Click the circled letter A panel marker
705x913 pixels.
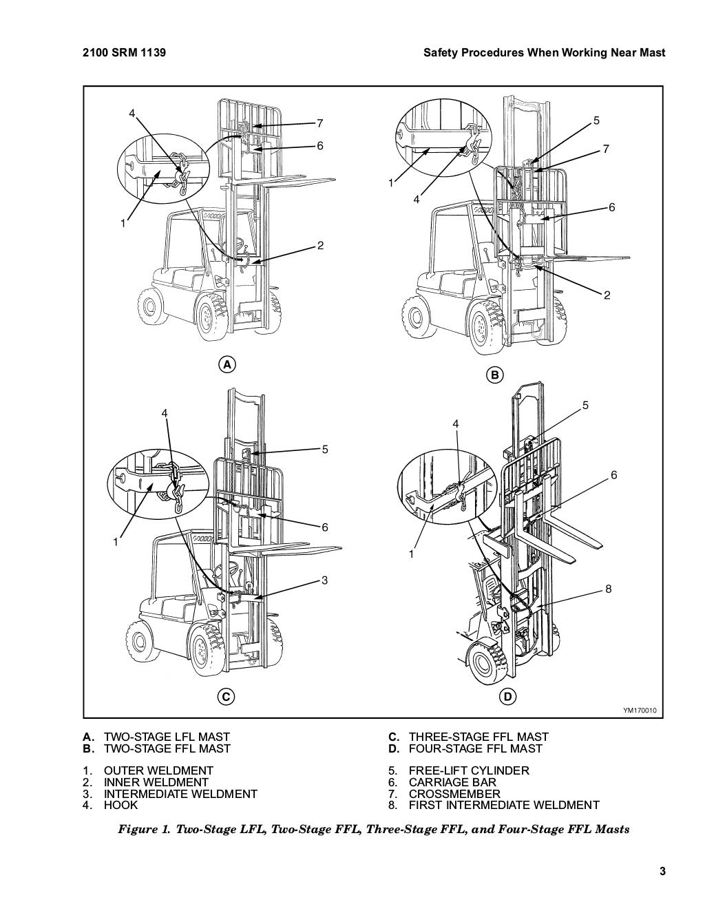(x=225, y=364)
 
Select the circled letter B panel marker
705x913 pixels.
(x=495, y=375)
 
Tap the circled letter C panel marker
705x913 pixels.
(x=225, y=677)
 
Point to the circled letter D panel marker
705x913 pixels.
(x=507, y=678)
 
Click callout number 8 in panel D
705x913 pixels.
(x=609, y=589)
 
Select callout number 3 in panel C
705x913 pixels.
(x=324, y=580)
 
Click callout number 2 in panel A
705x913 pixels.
(x=320, y=246)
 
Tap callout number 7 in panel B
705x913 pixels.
(x=607, y=149)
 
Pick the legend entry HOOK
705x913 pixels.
(x=120, y=805)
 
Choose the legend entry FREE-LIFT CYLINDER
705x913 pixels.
(x=468, y=770)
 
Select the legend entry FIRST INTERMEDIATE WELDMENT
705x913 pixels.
(x=503, y=805)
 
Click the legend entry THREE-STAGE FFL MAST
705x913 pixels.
(x=478, y=737)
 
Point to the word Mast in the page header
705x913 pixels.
(x=651, y=52)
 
